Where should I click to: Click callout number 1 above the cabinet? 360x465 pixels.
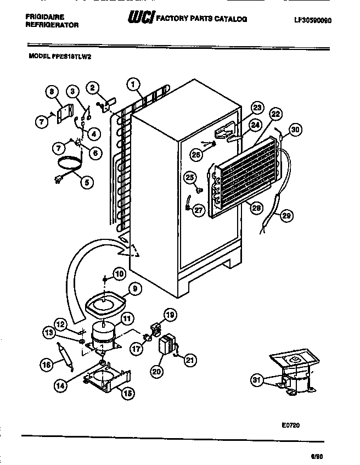pos(132,84)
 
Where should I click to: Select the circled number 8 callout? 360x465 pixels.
pos(52,92)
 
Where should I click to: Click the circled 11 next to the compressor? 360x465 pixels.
pos(127,318)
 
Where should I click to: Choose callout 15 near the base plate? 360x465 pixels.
pos(128,393)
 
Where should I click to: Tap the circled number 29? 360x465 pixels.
pos(284,215)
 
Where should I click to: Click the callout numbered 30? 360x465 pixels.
pos(296,130)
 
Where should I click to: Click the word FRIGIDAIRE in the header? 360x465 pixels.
pos(45,17)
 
